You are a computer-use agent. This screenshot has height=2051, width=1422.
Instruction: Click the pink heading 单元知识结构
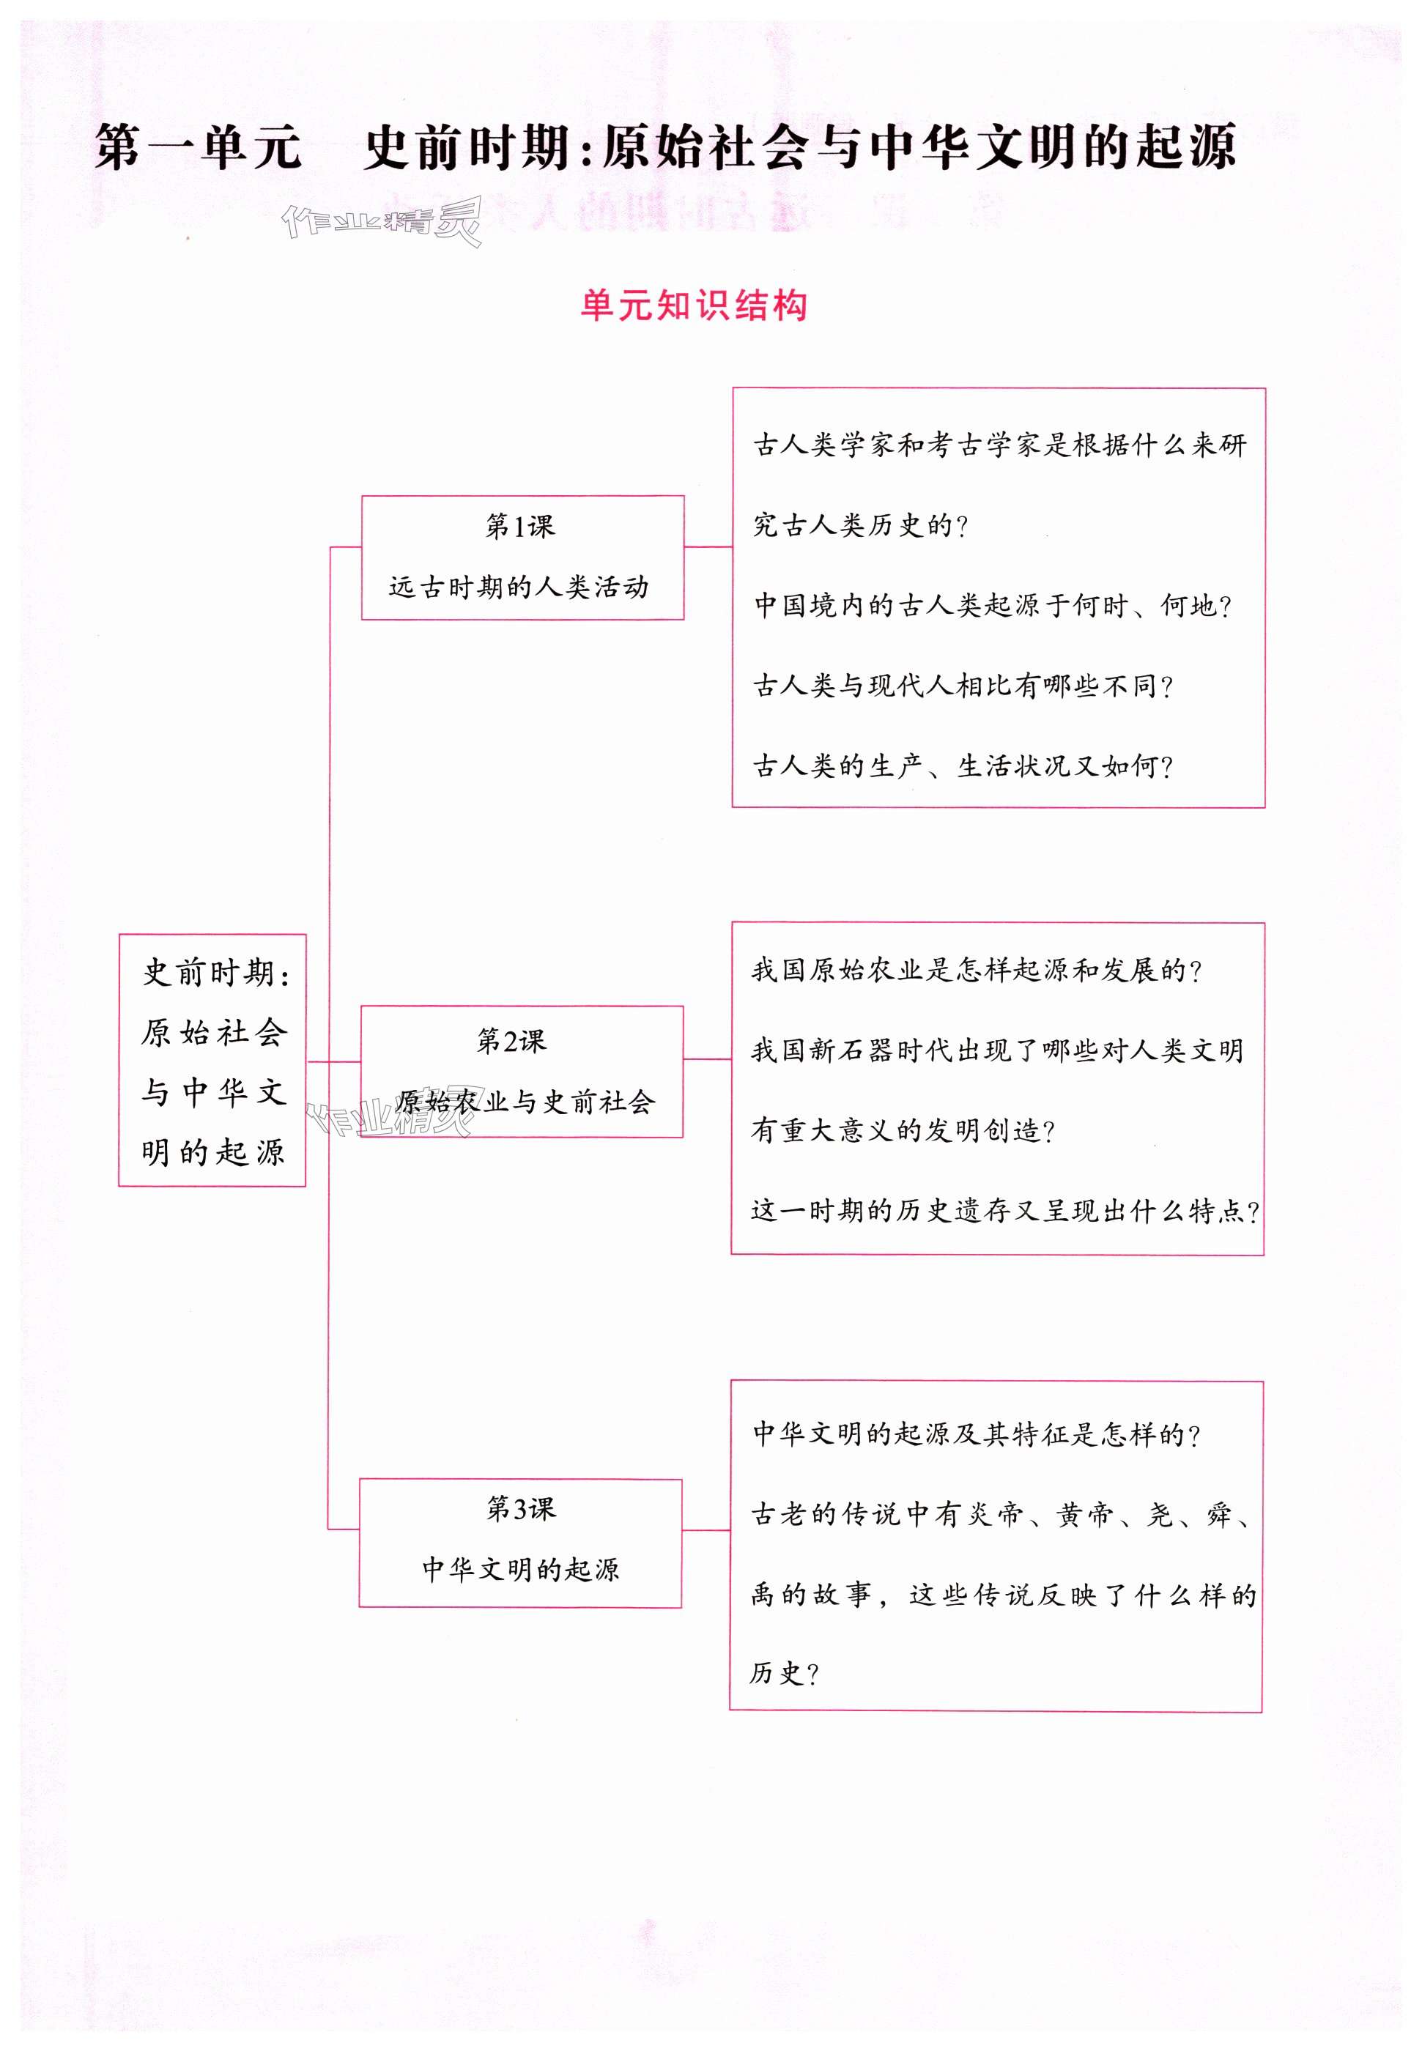point(693,305)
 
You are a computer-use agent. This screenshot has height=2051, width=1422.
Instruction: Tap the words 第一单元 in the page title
point(198,147)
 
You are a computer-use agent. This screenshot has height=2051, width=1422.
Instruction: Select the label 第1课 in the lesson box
point(520,527)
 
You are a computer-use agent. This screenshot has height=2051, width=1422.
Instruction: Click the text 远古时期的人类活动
point(519,587)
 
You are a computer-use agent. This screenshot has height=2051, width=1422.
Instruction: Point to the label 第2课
point(511,1040)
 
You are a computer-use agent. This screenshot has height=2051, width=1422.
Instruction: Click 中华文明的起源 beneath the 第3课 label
point(520,1568)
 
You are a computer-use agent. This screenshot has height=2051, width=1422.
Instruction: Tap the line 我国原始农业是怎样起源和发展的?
point(977,970)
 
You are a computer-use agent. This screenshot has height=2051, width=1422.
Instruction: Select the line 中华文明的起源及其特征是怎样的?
point(977,1434)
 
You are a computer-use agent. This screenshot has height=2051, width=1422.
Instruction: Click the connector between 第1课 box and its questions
point(708,547)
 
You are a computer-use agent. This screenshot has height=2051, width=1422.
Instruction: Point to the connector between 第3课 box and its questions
point(706,1530)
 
